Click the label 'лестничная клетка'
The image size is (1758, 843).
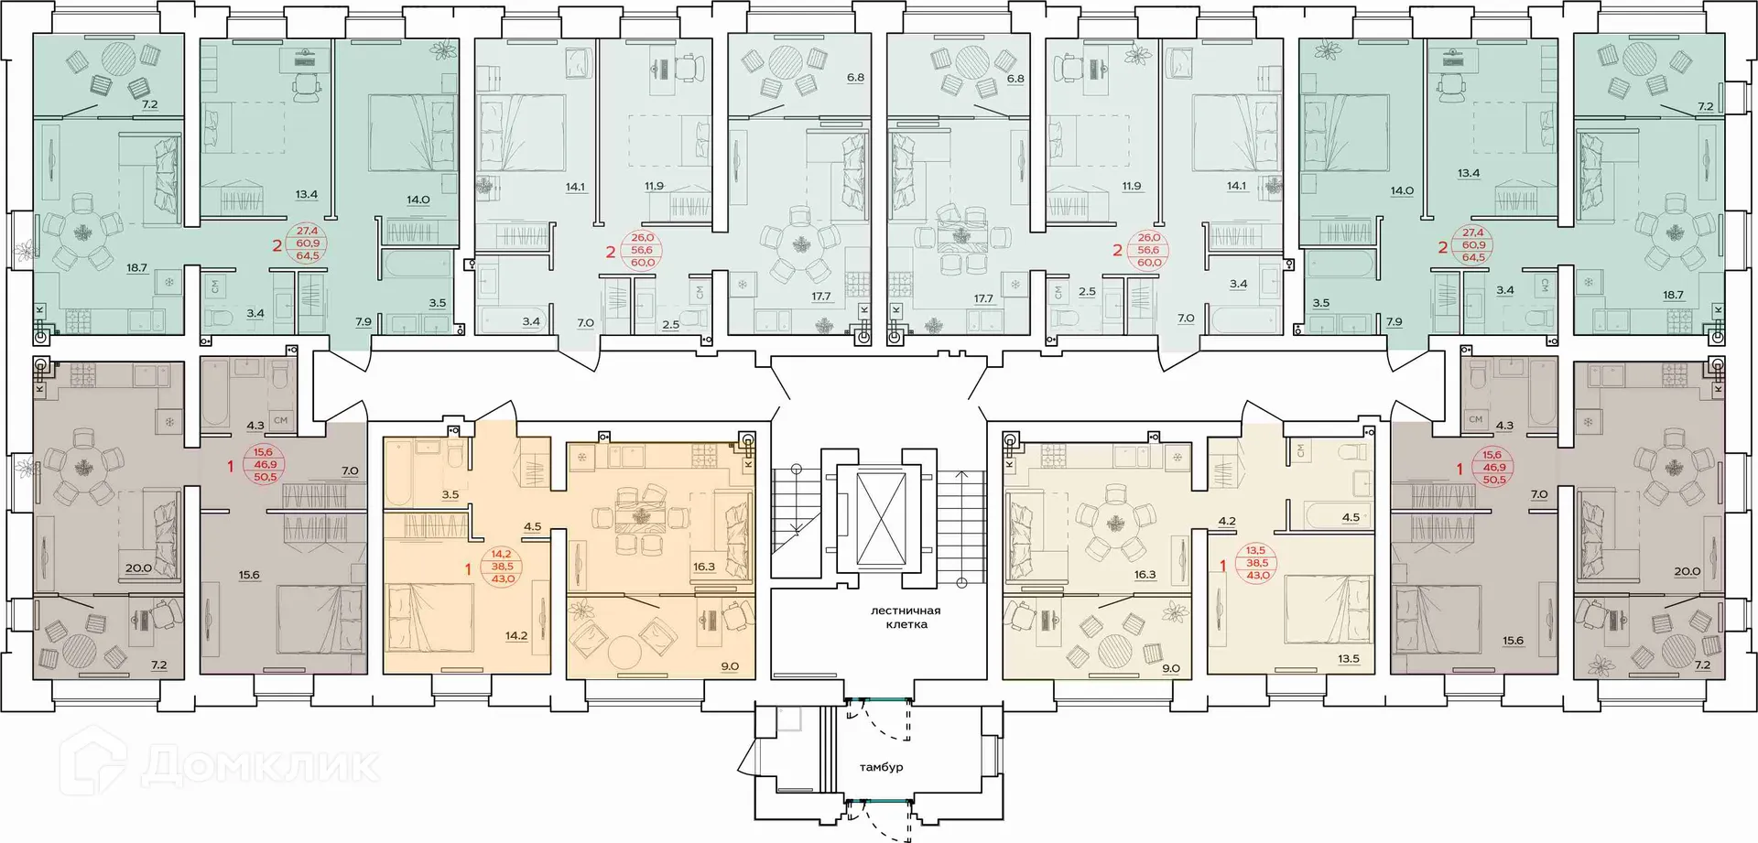(x=906, y=617)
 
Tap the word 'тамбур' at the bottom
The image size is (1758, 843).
(x=881, y=767)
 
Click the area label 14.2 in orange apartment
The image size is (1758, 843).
(x=516, y=636)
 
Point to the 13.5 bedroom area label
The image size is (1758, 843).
(x=1349, y=658)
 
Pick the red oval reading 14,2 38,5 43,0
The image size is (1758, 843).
(x=502, y=567)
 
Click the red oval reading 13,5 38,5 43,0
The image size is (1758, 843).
(x=1258, y=563)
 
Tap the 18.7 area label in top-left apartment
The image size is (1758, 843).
(x=136, y=268)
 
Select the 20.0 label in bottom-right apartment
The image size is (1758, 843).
(x=1687, y=571)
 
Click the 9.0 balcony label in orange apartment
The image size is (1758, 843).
(x=729, y=666)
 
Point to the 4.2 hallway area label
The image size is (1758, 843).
(x=1227, y=522)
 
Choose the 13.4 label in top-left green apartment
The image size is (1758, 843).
(x=306, y=194)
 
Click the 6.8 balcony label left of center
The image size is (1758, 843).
(x=855, y=78)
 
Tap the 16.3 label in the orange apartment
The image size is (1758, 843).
(x=703, y=567)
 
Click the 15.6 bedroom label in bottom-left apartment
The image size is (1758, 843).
(x=249, y=575)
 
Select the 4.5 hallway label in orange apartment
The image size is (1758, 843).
(x=532, y=526)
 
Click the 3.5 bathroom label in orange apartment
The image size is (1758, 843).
(x=450, y=494)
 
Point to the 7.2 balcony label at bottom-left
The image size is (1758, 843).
(x=158, y=665)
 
